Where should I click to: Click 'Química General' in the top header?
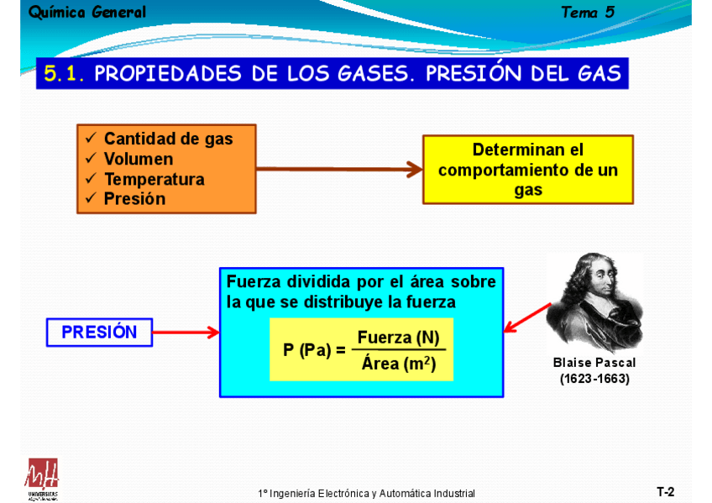click(x=87, y=13)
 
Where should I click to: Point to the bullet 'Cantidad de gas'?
click(x=168, y=139)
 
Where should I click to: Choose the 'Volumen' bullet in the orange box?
click(x=139, y=160)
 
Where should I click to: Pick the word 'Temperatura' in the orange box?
click(x=154, y=180)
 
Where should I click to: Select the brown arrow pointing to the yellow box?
click(x=338, y=170)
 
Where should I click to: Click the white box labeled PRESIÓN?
click(x=99, y=333)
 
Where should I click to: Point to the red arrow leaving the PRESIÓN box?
click(x=186, y=333)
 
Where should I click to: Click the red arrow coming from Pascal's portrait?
click(x=527, y=317)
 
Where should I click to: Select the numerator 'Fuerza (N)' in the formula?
click(x=398, y=338)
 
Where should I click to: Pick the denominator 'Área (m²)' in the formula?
click(x=398, y=364)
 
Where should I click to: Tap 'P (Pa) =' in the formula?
click(x=314, y=350)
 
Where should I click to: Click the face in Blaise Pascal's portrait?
click(x=593, y=290)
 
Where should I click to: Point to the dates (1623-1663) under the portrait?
click(x=594, y=379)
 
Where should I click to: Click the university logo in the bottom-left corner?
click(x=43, y=479)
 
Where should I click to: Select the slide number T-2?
click(x=665, y=492)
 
